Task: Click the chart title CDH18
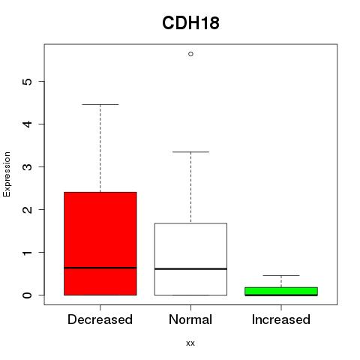(190, 22)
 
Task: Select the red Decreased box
(100, 244)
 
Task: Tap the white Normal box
(190, 259)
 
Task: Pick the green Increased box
(281, 291)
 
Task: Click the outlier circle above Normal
(190, 54)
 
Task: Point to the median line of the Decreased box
(100, 268)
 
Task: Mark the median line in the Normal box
(190, 269)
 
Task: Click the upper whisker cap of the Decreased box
(100, 104)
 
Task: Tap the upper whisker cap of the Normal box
(190, 151)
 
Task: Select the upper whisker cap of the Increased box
(281, 275)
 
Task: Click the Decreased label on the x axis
(100, 319)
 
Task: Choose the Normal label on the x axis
(190, 319)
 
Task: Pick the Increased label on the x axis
(281, 319)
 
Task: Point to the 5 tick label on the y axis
(27, 82)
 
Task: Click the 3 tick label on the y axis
(27, 166)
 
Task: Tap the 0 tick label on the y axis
(27, 295)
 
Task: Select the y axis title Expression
(7, 175)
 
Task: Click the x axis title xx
(190, 343)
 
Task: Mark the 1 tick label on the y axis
(27, 253)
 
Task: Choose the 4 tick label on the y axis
(27, 124)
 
